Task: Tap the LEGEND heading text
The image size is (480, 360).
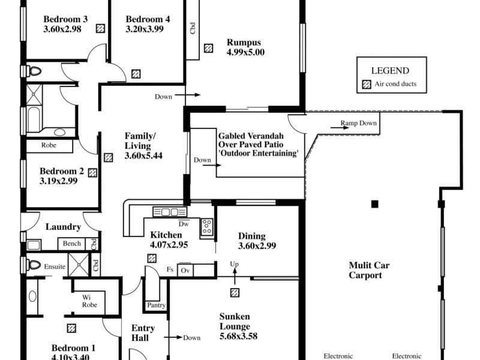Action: (x=390, y=70)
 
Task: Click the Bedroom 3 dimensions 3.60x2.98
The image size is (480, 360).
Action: (x=66, y=29)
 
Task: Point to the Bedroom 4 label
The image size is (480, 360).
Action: (x=148, y=19)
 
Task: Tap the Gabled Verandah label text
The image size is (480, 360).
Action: (x=258, y=136)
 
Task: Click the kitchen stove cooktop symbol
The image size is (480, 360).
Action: (x=206, y=226)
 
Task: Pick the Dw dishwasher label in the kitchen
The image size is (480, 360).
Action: (x=185, y=223)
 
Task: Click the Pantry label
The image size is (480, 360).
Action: (x=156, y=305)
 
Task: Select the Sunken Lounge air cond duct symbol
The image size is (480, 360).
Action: (x=235, y=292)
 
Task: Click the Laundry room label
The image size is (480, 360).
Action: (x=63, y=227)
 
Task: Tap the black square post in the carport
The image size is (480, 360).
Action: (x=374, y=204)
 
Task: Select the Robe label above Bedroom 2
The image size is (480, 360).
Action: (x=49, y=145)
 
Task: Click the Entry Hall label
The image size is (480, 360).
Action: (x=143, y=333)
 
